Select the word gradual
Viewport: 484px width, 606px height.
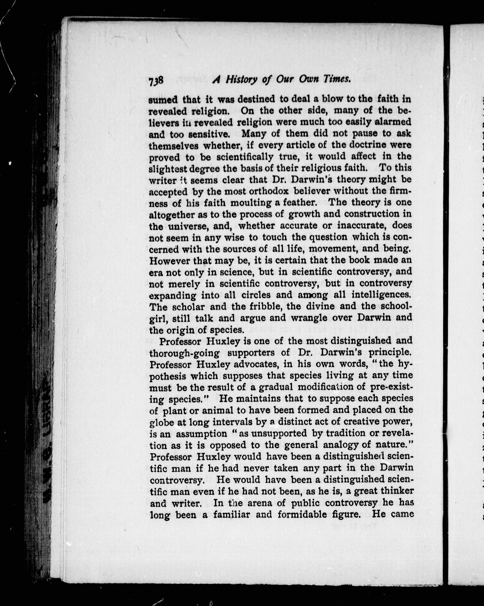click(x=275, y=387)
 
